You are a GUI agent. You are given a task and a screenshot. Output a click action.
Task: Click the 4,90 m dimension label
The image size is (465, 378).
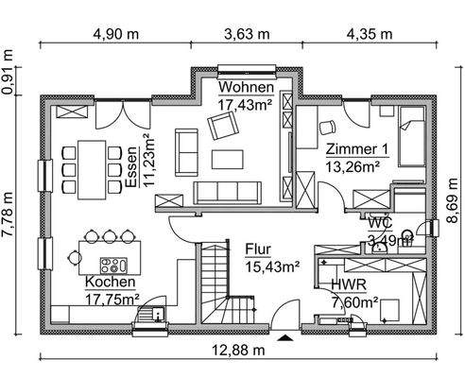[116, 34]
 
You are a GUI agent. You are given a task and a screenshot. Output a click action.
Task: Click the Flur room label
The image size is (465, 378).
[259, 249]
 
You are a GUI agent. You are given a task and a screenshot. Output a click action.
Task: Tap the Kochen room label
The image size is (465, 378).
[111, 283]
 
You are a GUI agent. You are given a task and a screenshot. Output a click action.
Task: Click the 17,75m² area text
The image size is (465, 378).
[112, 300]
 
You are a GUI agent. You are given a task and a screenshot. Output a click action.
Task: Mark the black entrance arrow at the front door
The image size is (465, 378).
[285, 335]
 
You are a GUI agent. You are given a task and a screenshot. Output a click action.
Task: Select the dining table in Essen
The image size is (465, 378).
[92, 168]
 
